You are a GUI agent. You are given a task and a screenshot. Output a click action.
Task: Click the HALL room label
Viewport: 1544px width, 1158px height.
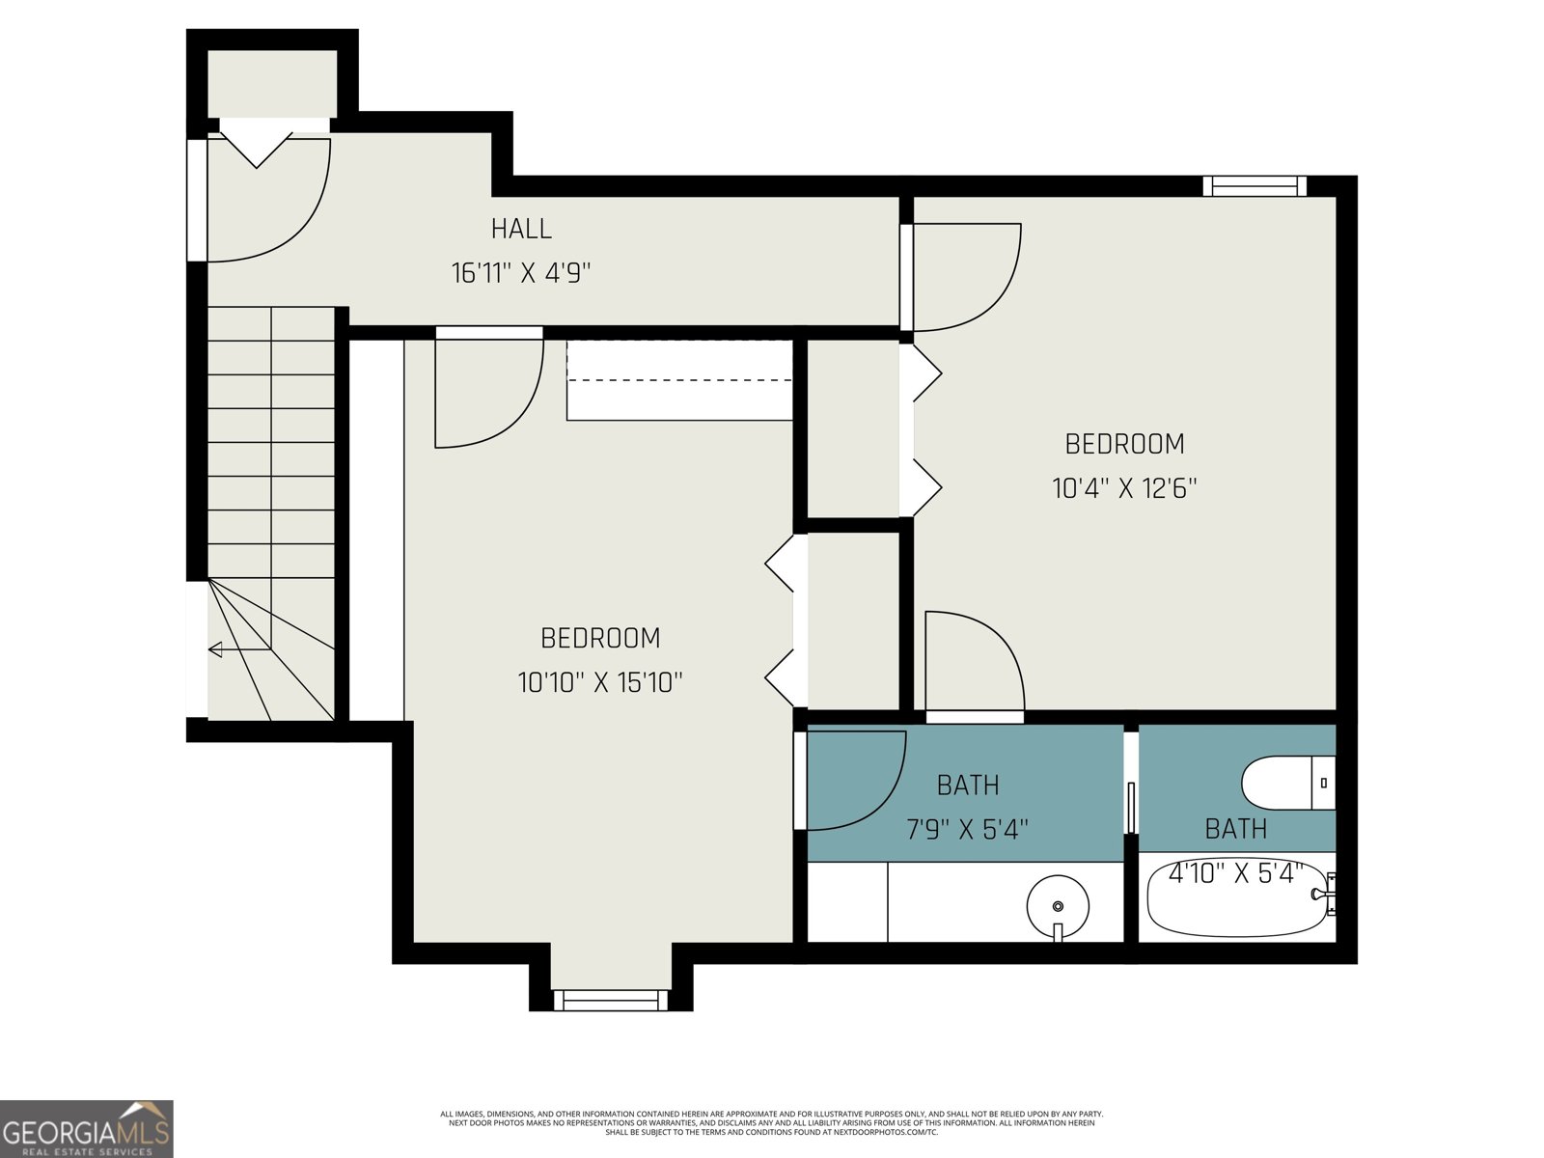tap(521, 229)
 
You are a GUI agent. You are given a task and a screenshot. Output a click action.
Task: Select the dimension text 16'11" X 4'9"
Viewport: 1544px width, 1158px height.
tap(521, 273)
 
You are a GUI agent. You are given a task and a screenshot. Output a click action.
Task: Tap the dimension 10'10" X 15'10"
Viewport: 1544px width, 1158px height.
tap(600, 683)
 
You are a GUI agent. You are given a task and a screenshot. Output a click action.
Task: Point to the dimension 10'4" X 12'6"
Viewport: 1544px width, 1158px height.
tap(1124, 488)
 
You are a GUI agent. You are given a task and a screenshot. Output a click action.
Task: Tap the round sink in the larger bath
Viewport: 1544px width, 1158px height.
tap(1058, 906)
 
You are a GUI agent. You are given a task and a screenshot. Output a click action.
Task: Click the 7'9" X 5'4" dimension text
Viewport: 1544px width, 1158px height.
tap(967, 829)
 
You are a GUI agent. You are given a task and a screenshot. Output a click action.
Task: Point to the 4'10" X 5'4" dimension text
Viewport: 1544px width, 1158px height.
tap(1235, 873)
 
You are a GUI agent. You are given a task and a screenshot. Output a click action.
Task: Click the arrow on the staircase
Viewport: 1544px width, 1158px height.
tap(217, 649)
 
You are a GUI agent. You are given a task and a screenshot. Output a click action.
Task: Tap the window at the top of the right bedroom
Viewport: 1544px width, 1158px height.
tap(1254, 185)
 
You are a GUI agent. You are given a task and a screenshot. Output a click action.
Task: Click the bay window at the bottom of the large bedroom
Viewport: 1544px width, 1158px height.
tap(610, 1000)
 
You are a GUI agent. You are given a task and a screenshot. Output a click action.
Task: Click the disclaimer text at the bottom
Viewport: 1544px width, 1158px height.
tap(771, 1122)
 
